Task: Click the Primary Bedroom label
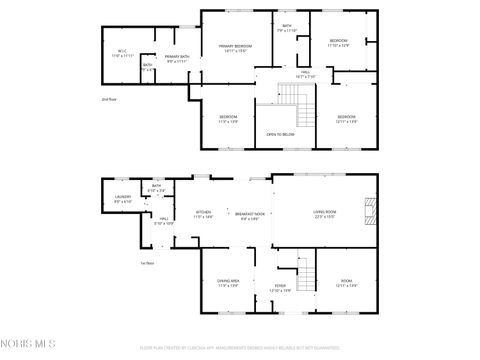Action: coord(236,48)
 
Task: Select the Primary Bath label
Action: coord(177,59)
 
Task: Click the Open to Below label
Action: coord(280,134)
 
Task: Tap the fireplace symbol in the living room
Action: coord(371,211)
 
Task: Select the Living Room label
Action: coord(324,213)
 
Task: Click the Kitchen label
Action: coord(203,214)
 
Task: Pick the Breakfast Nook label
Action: coord(250,214)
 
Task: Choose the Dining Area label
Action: coord(228,283)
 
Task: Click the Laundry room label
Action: coord(122,199)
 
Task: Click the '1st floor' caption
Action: coord(146,263)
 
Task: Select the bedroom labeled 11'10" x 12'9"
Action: coord(339,42)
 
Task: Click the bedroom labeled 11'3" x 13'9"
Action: coord(228,119)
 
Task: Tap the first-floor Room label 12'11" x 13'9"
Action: coord(346,283)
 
